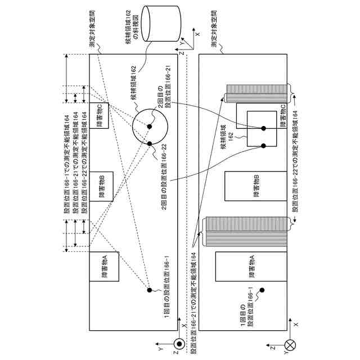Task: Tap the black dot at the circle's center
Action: pyautogui.click(x=150, y=126)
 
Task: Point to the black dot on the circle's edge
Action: pyautogui.click(x=150, y=144)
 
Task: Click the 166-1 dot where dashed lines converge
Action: pyautogui.click(x=150, y=290)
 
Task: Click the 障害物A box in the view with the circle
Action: pyautogui.click(x=103, y=267)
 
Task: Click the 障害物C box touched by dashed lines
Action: pyautogui.click(x=103, y=114)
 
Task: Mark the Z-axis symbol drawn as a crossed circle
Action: pyautogui.click(x=290, y=344)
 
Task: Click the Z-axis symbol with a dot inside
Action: pyautogui.click(x=179, y=344)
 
